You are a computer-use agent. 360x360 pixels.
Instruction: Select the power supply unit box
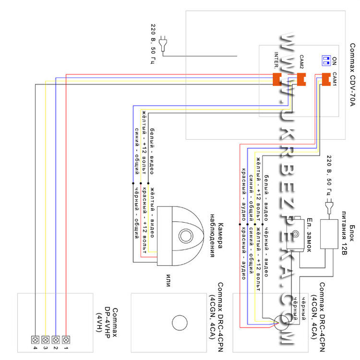point(329,234)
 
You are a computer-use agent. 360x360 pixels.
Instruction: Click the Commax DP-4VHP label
point(110,320)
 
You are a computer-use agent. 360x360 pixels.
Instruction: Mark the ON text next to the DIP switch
point(335,61)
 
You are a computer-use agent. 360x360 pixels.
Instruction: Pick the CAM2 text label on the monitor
point(301,63)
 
